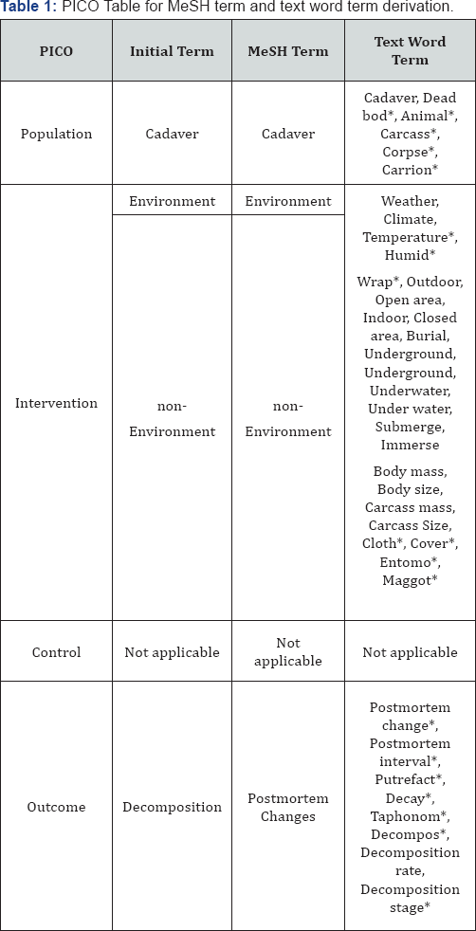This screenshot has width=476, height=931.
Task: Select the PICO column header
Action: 56,50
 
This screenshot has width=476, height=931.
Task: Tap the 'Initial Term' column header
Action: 172,50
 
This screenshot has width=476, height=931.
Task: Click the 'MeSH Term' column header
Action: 288,50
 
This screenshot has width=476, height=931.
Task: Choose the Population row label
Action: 56,134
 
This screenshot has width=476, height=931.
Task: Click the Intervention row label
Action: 56,403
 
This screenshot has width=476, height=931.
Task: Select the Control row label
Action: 56,652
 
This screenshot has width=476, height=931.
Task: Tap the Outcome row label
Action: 56,807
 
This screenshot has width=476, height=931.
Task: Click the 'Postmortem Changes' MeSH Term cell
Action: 288,807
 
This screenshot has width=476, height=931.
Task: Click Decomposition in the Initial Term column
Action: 172,807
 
